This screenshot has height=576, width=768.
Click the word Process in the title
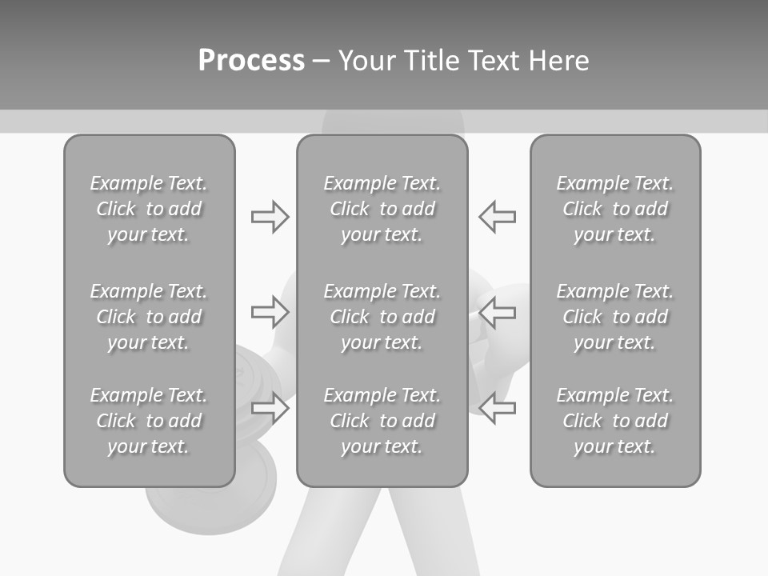(x=251, y=61)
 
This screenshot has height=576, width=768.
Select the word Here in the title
(x=558, y=61)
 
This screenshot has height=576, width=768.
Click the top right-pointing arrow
(x=270, y=217)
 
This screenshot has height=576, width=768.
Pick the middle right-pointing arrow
(x=270, y=312)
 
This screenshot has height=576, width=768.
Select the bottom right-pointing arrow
(x=270, y=408)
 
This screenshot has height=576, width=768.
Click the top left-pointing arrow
(x=498, y=217)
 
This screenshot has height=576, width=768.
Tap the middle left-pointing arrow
(x=498, y=312)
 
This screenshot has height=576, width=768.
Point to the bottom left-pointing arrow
(x=498, y=408)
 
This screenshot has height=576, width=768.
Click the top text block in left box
(x=149, y=209)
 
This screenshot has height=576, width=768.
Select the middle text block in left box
(x=149, y=317)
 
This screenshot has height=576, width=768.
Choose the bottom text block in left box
(x=149, y=421)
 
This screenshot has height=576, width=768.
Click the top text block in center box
(x=382, y=209)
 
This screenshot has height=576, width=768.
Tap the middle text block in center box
(x=382, y=317)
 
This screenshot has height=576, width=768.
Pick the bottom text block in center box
(x=382, y=421)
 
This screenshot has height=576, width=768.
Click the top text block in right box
(x=614, y=209)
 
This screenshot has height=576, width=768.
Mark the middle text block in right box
(x=614, y=317)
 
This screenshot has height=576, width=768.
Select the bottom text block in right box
(x=614, y=421)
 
